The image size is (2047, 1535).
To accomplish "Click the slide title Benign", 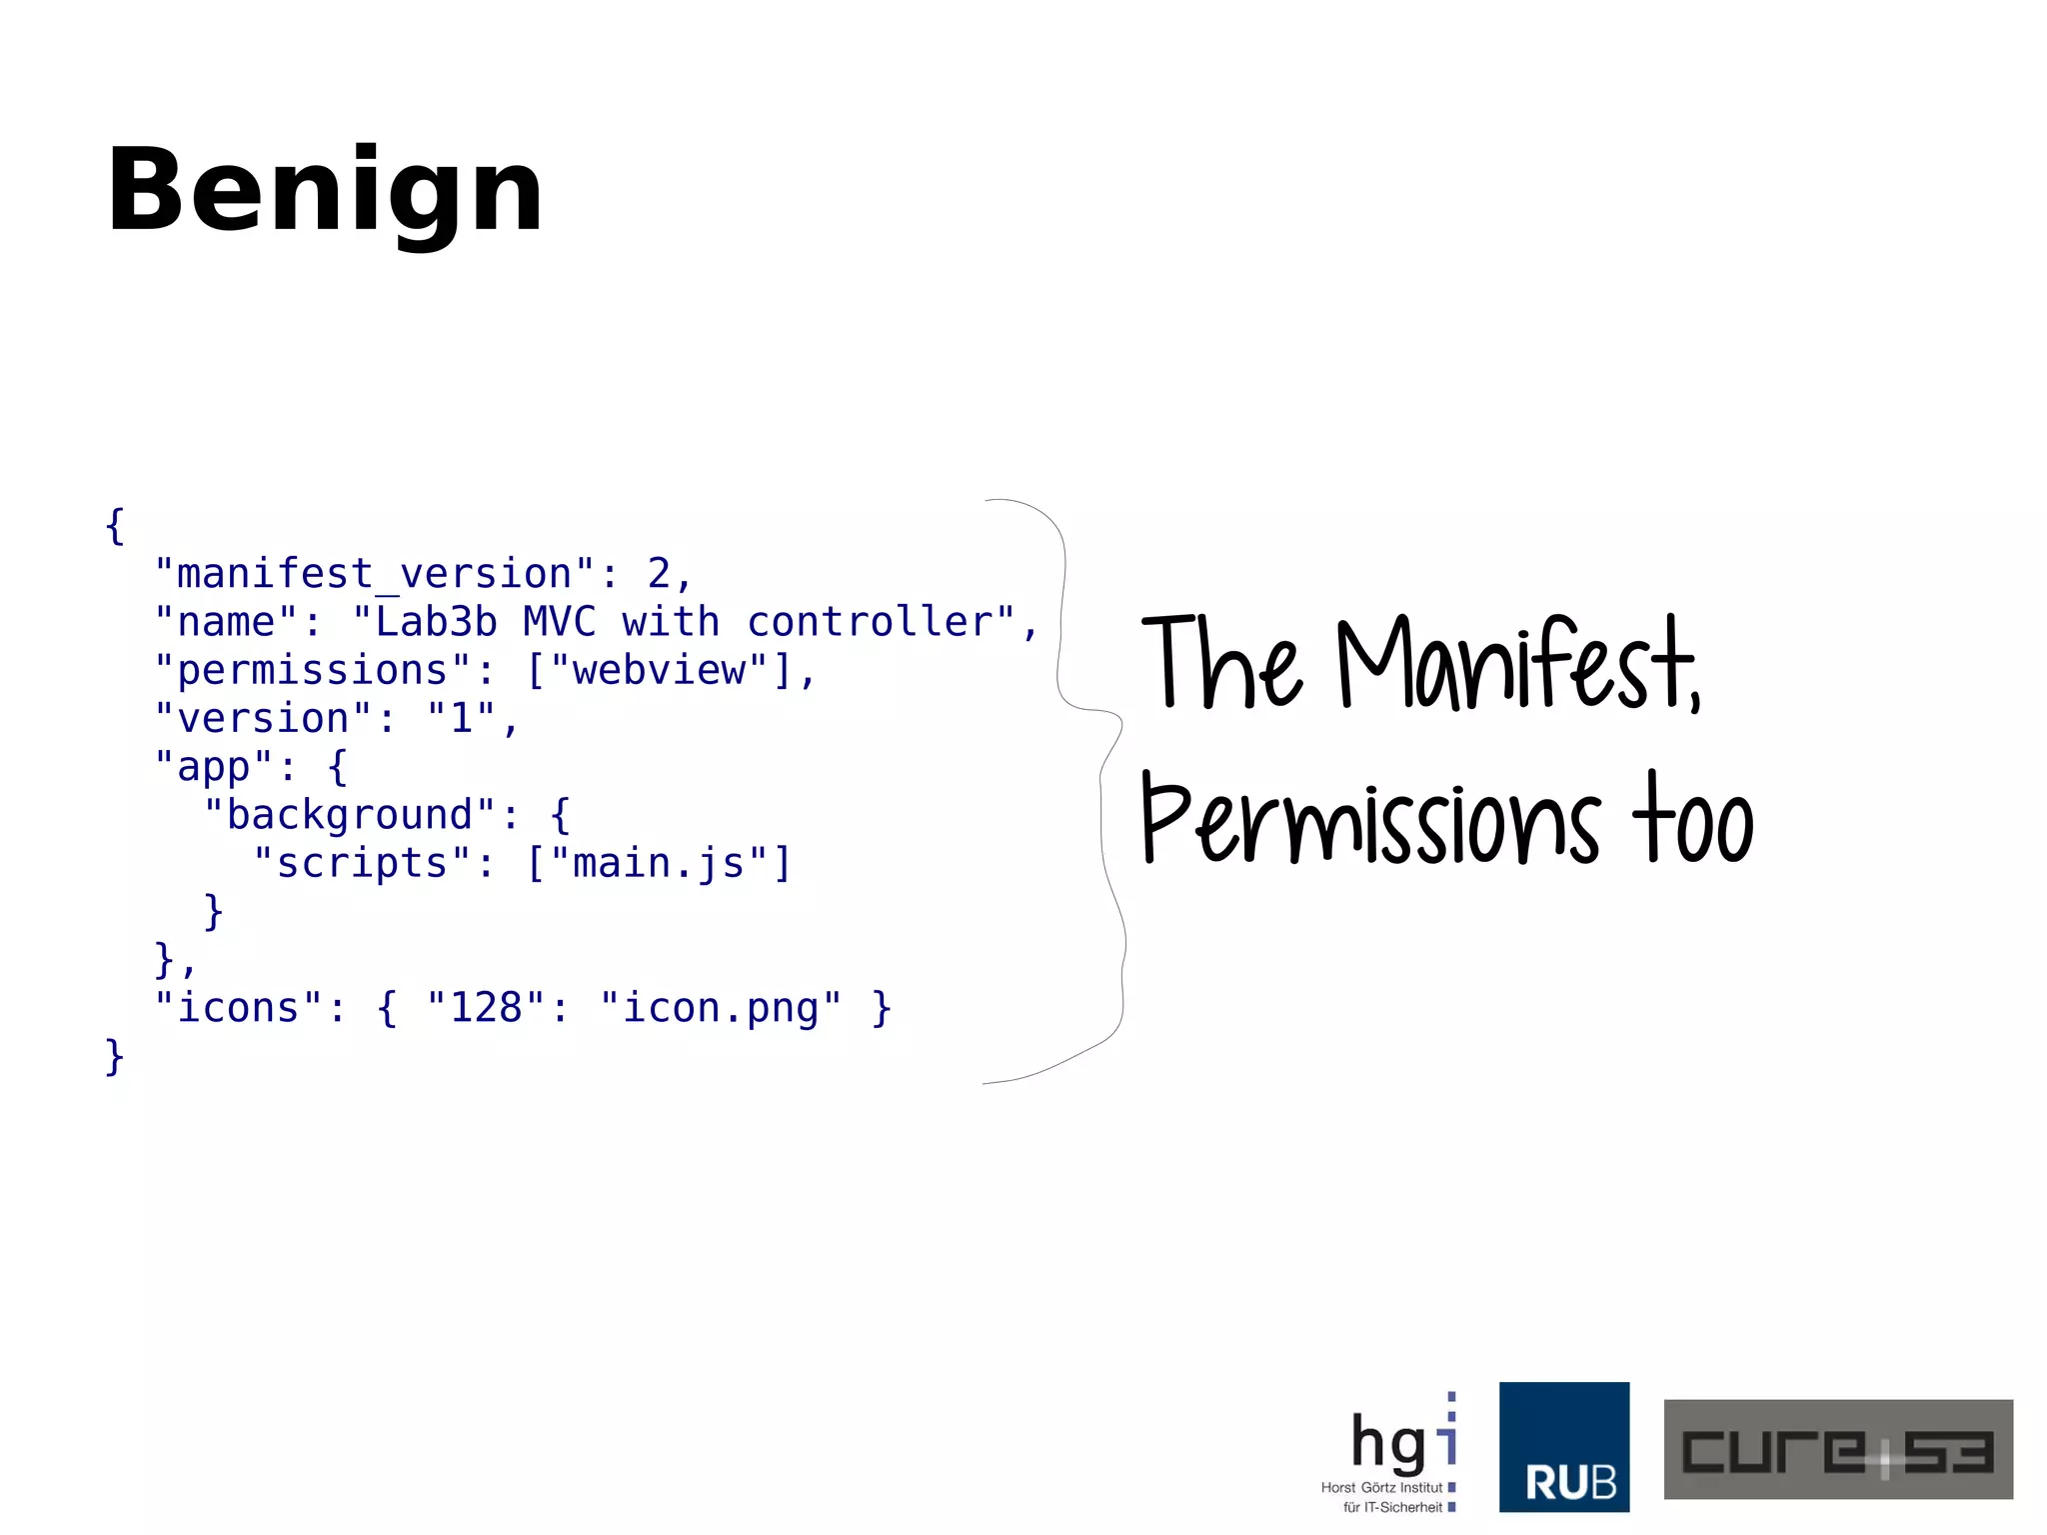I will (325, 190).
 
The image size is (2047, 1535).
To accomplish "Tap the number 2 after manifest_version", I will (659, 574).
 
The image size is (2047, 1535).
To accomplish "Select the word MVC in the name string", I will (559, 622).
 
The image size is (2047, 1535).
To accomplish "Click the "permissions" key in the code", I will (313, 670).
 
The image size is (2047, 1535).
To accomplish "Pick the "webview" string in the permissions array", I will (659, 670).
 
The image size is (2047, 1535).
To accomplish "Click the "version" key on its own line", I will (264, 718).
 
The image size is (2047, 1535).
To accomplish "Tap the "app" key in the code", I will (214, 767).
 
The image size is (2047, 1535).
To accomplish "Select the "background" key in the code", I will (350, 815).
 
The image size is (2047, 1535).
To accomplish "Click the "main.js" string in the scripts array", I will (659, 863).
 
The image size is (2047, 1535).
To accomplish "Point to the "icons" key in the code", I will (239, 1008).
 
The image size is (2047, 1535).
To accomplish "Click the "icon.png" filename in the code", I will (721, 1008).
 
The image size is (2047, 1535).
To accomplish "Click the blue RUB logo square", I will (1563, 1447).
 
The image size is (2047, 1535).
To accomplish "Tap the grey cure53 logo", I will (1837, 1449).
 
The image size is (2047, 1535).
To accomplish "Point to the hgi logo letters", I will (1401, 1442).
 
